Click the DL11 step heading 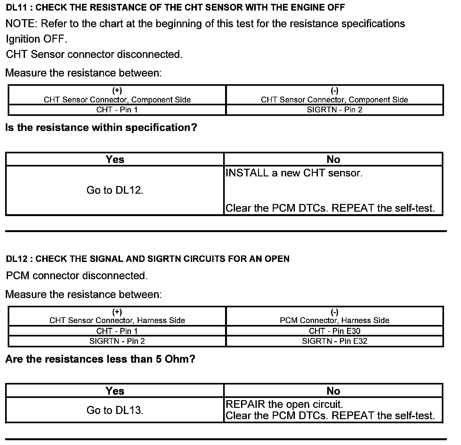[x=175, y=8]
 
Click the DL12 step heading [x=148, y=259]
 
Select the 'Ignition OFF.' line [x=36, y=39]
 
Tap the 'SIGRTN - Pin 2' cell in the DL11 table [x=335, y=110]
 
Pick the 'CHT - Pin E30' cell [x=335, y=331]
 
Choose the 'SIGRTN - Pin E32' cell [x=335, y=341]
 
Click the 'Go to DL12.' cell [x=115, y=190]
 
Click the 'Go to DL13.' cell [x=115, y=410]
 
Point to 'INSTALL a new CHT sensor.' [x=294, y=173]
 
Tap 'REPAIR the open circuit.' [x=284, y=404]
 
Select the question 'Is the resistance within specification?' [x=101, y=128]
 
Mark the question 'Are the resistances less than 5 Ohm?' [x=100, y=359]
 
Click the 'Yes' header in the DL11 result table [x=115, y=159]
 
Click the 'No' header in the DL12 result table [x=333, y=391]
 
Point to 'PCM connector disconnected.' [x=77, y=276]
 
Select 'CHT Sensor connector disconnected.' [x=94, y=54]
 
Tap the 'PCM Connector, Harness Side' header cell [x=335, y=320]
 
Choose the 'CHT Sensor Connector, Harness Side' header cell [x=117, y=320]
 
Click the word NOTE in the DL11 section [x=21, y=24]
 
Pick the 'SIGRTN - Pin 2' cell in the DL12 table [x=117, y=341]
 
